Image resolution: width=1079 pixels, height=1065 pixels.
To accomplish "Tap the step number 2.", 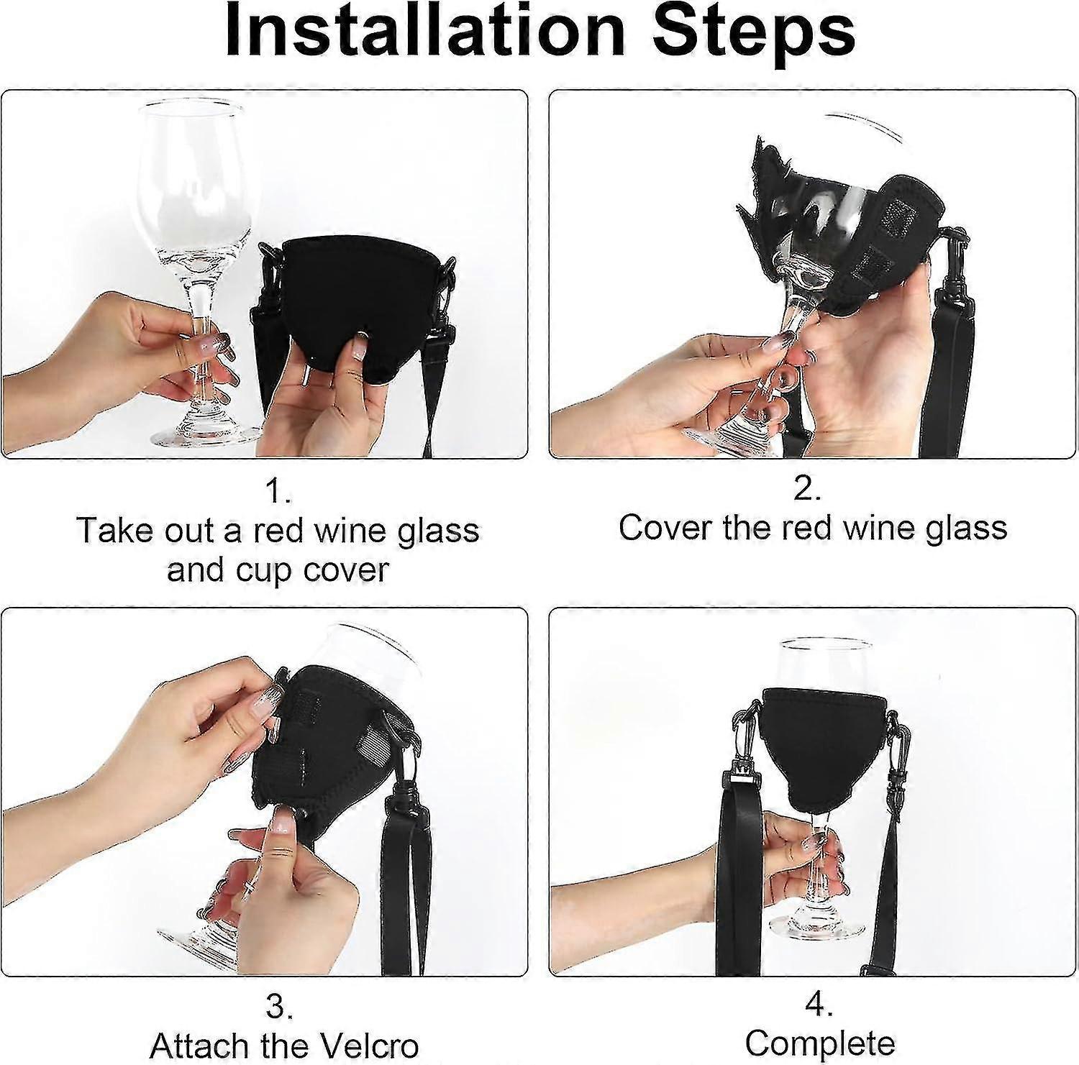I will click(807, 489).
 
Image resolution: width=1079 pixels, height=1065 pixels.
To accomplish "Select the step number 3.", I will click(278, 1007).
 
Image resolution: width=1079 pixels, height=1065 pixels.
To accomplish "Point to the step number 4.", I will click(819, 1007).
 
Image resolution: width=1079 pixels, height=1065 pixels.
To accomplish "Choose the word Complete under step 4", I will click(820, 1043).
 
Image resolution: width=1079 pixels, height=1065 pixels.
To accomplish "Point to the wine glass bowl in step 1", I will click(188, 180).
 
